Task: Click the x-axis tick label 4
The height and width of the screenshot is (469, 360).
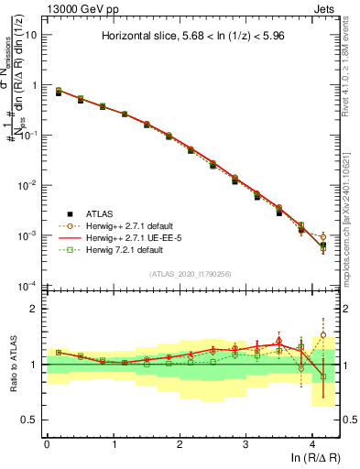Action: tap(312, 443)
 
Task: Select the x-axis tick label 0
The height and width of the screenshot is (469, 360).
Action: tap(47, 443)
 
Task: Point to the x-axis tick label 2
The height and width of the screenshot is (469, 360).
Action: tap(180, 443)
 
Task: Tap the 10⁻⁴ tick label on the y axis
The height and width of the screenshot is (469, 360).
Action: tap(27, 286)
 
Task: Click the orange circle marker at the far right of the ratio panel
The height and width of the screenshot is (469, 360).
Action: tap(322, 335)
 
